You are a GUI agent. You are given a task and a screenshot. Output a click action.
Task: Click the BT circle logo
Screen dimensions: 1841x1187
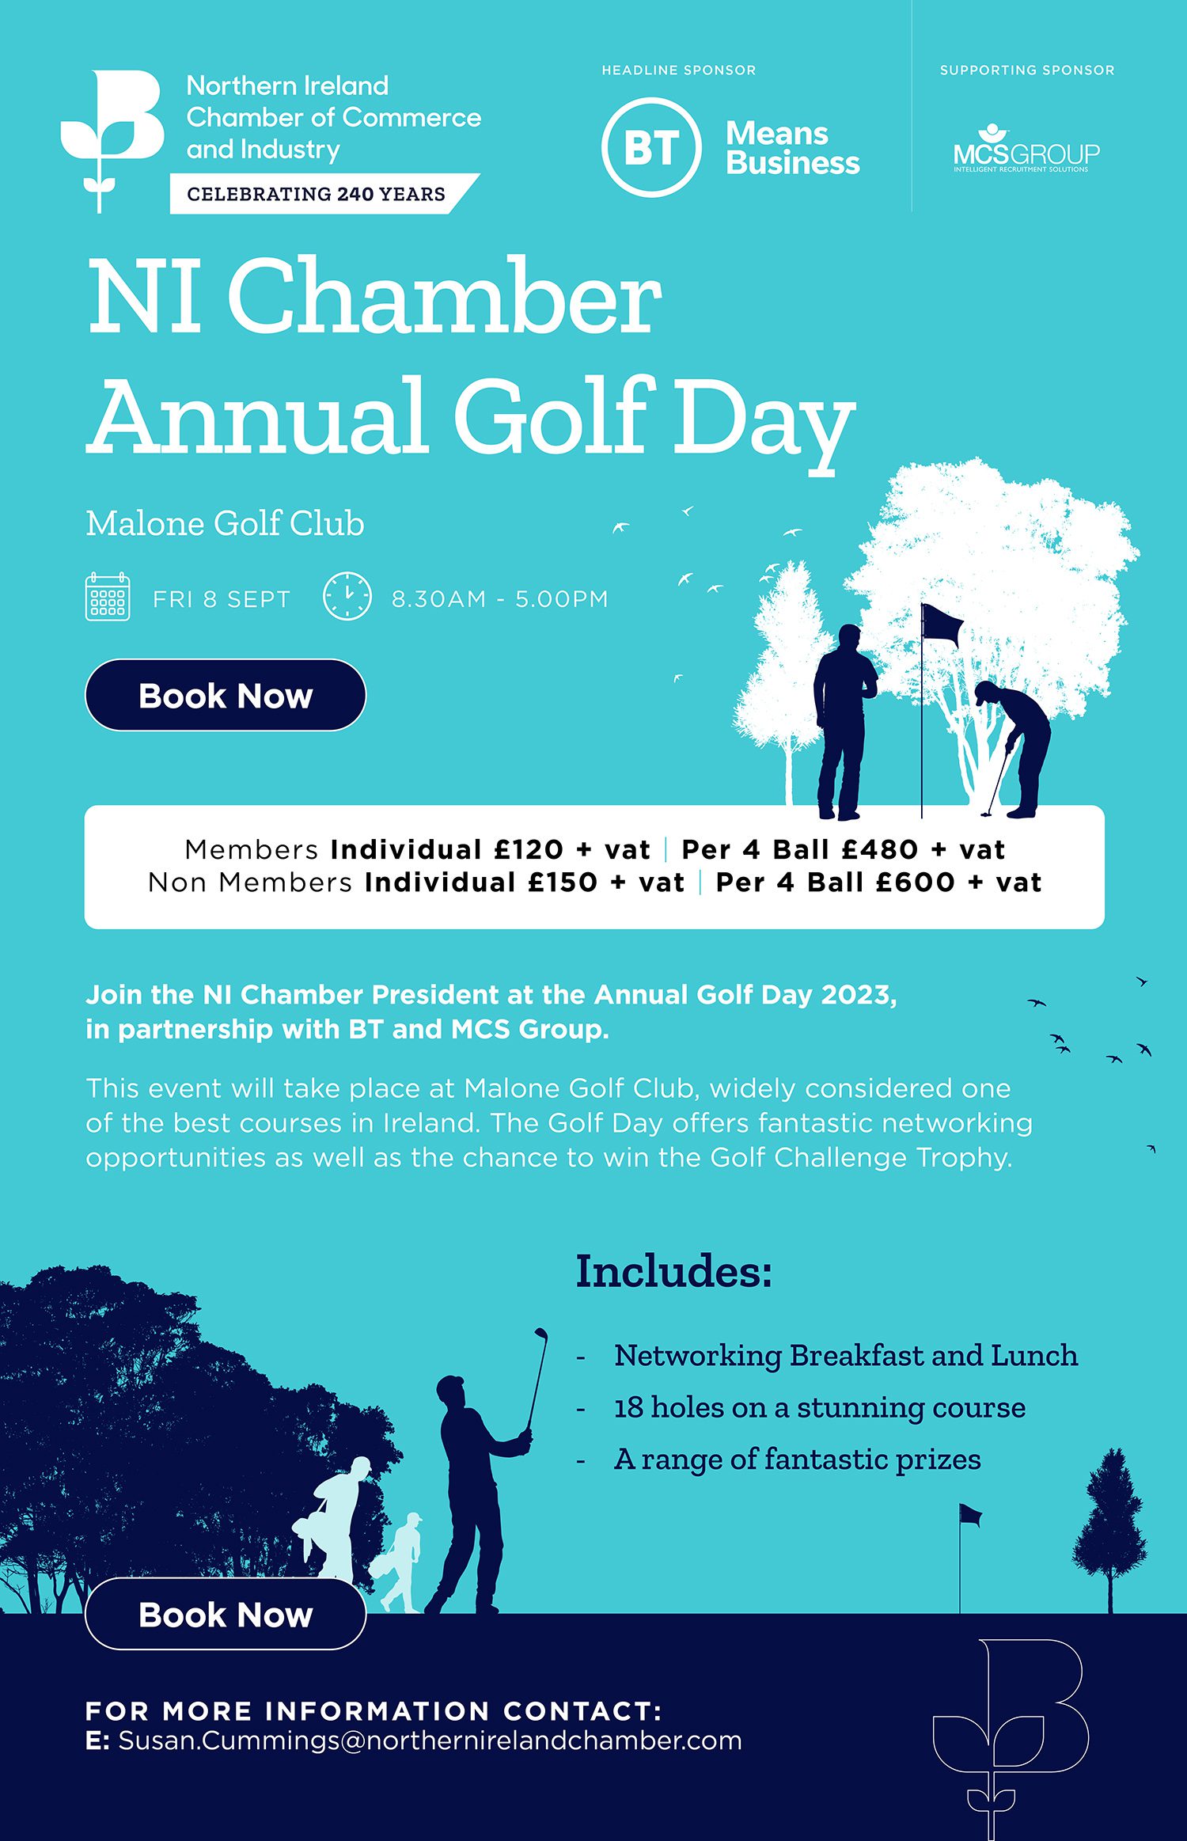click(650, 147)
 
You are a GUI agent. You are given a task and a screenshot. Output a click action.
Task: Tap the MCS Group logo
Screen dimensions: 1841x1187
click(1026, 150)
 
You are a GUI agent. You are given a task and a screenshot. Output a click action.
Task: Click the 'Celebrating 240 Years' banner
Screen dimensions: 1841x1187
click(317, 194)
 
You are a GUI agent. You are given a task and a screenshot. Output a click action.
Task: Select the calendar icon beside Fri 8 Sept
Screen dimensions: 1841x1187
click(108, 598)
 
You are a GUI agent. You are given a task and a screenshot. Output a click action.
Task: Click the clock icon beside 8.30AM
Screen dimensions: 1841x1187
click(347, 597)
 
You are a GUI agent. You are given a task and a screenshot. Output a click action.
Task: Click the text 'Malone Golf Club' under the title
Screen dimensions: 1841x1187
click(225, 524)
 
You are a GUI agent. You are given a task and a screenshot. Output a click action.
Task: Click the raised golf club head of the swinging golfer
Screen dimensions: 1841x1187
click(541, 1334)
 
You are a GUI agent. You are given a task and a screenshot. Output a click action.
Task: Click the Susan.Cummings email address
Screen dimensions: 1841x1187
click(430, 1741)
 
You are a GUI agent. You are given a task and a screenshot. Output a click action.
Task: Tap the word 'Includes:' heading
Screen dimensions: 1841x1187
click(673, 1271)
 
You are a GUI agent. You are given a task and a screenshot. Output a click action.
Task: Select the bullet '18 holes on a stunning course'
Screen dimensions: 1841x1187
click(819, 1408)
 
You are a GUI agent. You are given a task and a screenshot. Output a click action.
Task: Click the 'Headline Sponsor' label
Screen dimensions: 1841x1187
click(678, 70)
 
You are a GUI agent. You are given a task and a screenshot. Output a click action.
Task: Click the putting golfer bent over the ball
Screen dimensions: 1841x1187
click(1016, 744)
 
